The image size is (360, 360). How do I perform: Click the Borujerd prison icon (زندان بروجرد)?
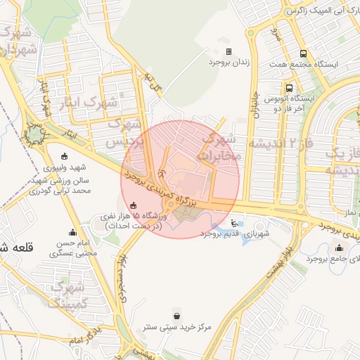(229, 51)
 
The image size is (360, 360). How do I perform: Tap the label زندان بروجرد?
(229, 63)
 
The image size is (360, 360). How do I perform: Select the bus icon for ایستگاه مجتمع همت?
(303, 53)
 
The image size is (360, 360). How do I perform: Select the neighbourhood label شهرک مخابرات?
(221, 146)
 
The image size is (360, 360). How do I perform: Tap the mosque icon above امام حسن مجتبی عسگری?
(72, 233)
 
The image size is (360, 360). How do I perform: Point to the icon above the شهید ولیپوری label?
(65, 156)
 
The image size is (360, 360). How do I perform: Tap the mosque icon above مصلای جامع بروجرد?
(340, 247)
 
